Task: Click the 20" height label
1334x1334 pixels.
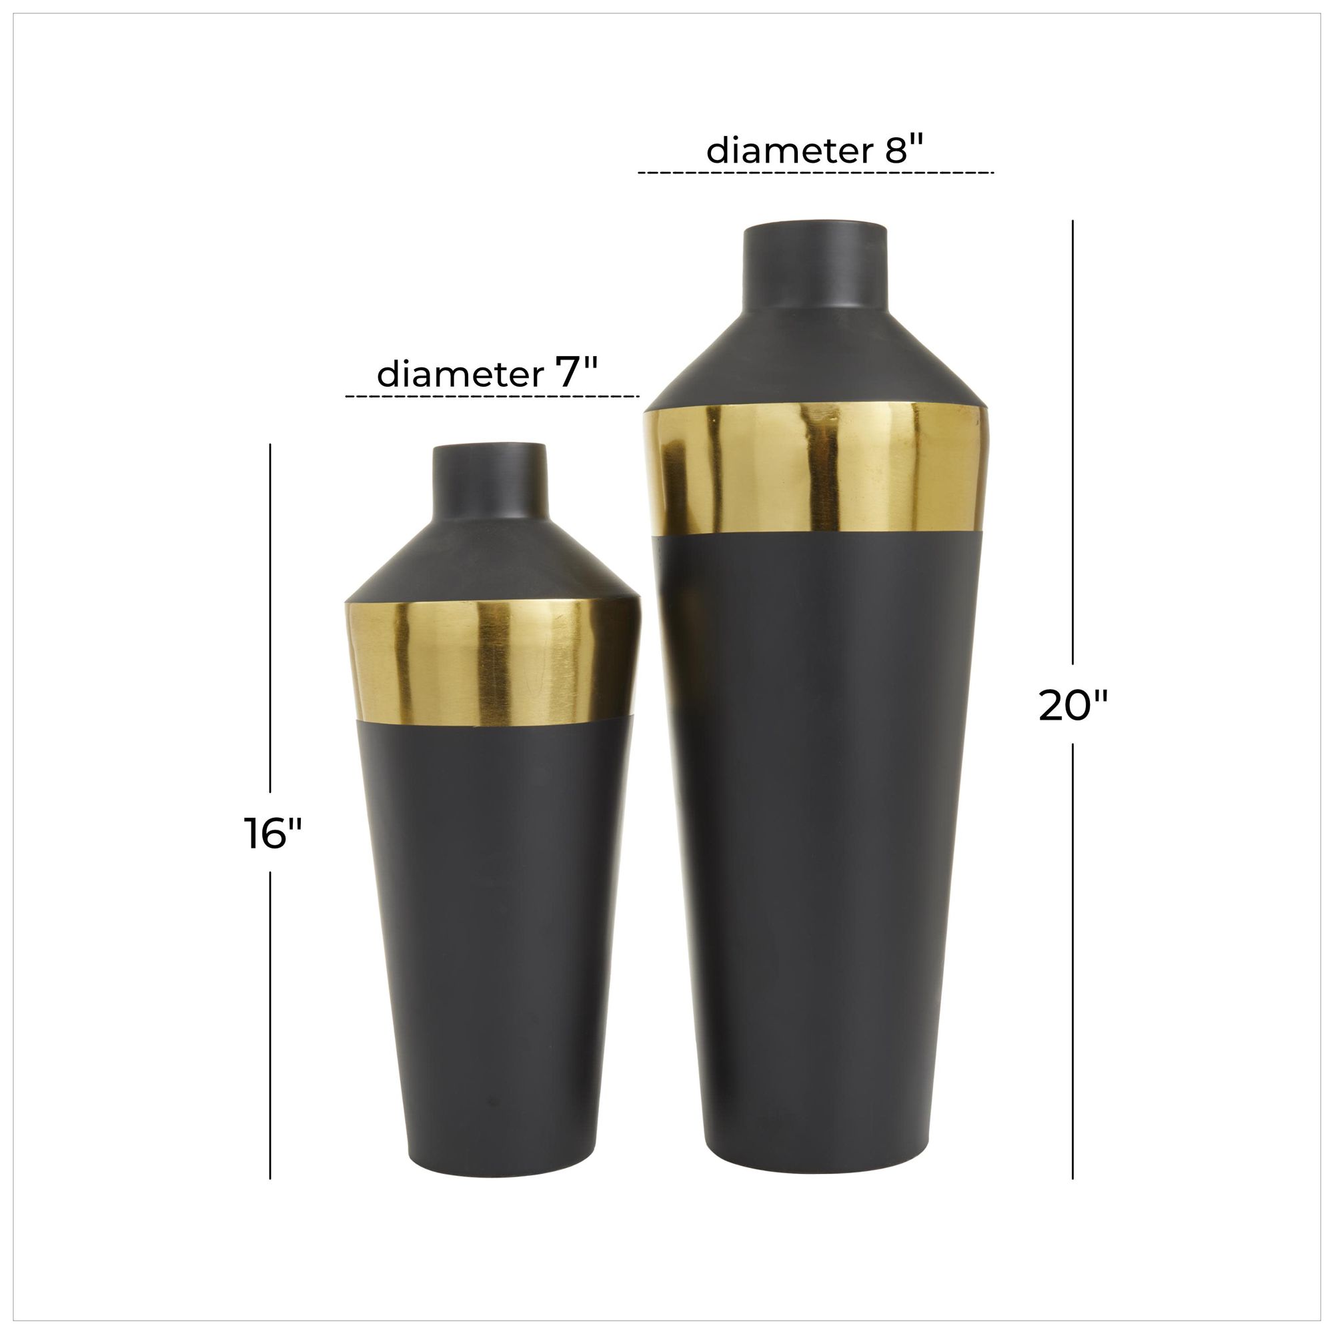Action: coord(1073,706)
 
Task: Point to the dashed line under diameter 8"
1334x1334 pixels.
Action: coord(816,172)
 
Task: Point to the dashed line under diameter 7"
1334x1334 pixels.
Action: coord(492,396)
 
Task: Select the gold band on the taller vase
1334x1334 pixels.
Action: coord(816,470)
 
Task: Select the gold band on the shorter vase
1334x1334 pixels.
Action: coord(492,662)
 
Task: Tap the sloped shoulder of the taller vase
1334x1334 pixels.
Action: coord(815,359)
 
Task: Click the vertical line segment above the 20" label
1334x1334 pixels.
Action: coord(1073,442)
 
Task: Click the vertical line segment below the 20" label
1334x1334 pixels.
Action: coord(1073,960)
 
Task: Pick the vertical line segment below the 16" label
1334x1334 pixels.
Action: coord(270,1022)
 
